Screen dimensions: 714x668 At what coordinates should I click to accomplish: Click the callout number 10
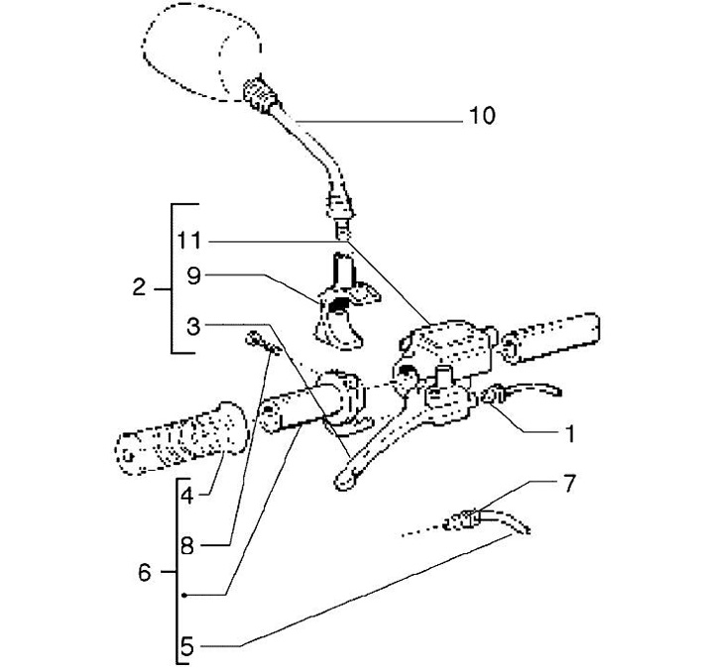click(x=482, y=116)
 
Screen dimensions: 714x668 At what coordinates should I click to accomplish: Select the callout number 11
click(x=189, y=240)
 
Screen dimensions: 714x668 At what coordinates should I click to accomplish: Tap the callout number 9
click(x=193, y=276)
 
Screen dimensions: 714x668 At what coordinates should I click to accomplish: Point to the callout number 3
click(x=193, y=327)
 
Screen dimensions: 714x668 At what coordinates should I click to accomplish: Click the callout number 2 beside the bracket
click(x=140, y=287)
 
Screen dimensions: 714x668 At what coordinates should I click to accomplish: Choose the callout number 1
click(x=569, y=434)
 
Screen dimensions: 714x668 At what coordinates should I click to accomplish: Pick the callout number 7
click(x=569, y=483)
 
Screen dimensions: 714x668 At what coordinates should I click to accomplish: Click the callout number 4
click(x=187, y=496)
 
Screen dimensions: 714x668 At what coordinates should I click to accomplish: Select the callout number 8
click(x=187, y=545)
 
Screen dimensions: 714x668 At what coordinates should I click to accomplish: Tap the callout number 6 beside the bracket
click(x=145, y=573)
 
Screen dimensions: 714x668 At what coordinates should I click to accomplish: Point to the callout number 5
click(x=187, y=646)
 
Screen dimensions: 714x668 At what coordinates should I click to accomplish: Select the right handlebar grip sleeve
click(x=550, y=337)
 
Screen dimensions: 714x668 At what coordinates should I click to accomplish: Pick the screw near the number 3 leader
click(x=263, y=343)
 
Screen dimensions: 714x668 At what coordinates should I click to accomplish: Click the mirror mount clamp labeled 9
click(x=345, y=303)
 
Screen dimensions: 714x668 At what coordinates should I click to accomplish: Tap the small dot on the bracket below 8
click(x=183, y=596)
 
